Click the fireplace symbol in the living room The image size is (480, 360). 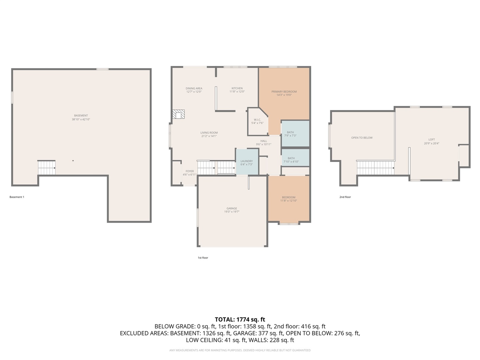tap(178, 114)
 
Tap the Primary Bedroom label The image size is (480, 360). tap(284, 92)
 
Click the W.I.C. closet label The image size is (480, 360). tap(257, 120)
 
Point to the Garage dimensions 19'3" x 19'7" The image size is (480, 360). tap(232, 212)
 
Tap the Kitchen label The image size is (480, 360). tap(237, 88)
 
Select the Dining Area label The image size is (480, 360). tap(194, 88)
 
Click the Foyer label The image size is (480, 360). tap(190, 171)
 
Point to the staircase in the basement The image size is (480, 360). tap(46, 168)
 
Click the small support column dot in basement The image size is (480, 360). tap(73, 161)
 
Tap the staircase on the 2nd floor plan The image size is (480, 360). tap(376, 168)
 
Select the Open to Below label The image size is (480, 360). tap(362, 138)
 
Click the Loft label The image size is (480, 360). tap(432, 140)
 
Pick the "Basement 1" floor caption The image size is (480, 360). tap(17, 197)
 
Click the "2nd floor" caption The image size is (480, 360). tap(345, 197)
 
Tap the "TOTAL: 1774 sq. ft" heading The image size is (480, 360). tap(240, 320)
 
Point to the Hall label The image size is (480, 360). tap(264, 141)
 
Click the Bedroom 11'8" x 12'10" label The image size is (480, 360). tap(288, 197)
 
